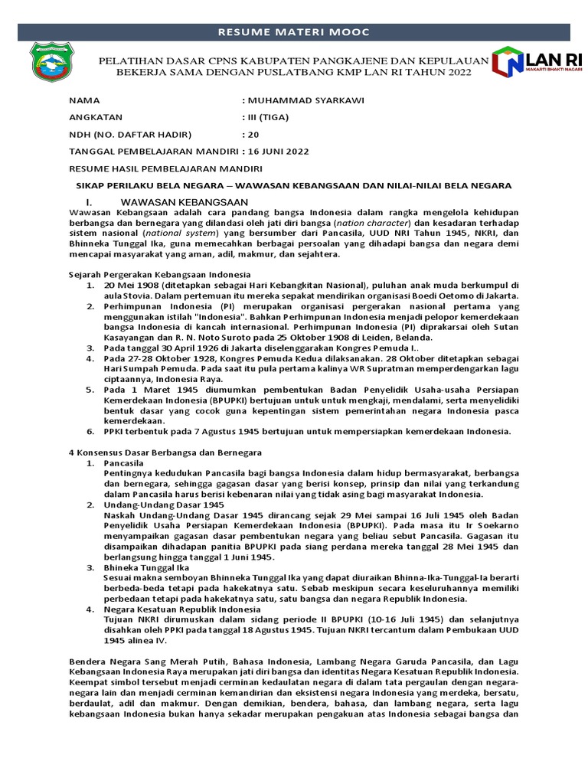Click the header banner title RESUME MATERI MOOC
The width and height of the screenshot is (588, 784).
[294, 32]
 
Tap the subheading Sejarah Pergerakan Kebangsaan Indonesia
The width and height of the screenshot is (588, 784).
[159, 274]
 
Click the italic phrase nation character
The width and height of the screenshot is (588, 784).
[377, 222]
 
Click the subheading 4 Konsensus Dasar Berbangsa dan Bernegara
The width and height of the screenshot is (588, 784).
[166, 452]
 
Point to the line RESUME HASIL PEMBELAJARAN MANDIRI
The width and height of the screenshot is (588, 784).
[166, 168]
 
